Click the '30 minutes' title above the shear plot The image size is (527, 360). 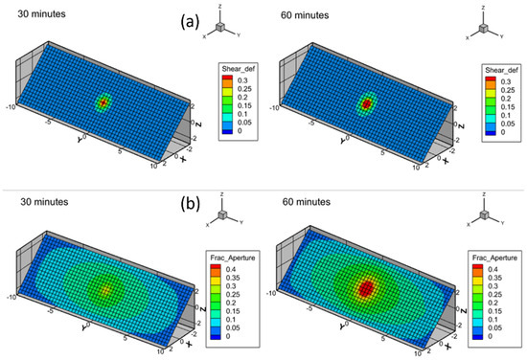click(x=29, y=11)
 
